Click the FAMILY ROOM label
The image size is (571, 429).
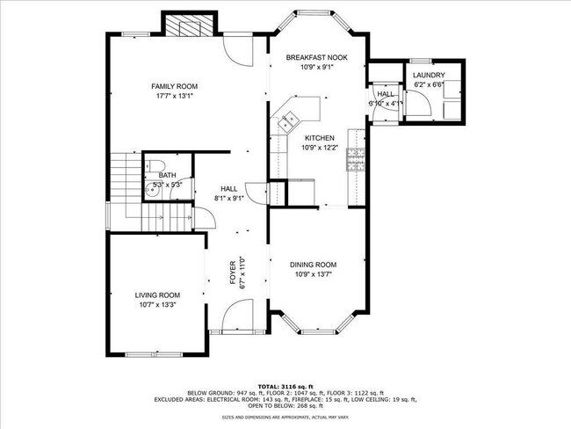click(174, 86)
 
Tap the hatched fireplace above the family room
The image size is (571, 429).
click(187, 27)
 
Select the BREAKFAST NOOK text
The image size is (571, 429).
click(317, 57)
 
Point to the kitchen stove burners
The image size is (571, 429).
click(357, 159)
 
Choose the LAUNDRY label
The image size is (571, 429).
click(429, 76)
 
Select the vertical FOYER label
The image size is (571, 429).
click(234, 272)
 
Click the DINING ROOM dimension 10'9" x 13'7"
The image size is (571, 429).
click(314, 274)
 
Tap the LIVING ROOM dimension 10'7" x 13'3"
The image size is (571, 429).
click(157, 305)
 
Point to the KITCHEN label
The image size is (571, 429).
click(319, 138)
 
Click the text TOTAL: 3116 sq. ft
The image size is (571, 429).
click(285, 386)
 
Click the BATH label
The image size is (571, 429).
click(167, 176)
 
